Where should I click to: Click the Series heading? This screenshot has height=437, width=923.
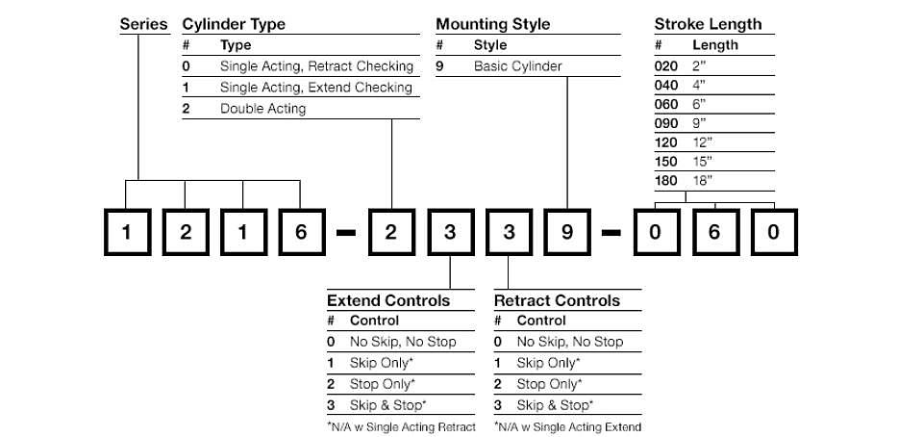tap(143, 24)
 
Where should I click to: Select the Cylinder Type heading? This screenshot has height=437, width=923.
tap(234, 25)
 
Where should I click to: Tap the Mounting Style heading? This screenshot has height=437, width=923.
tap(492, 25)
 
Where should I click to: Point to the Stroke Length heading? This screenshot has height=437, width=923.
tap(709, 25)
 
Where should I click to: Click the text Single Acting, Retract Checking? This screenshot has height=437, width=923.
tap(316, 66)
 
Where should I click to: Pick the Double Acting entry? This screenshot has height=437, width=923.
tap(263, 109)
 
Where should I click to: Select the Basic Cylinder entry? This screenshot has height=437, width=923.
tap(518, 66)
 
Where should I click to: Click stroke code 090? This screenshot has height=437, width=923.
tap(666, 123)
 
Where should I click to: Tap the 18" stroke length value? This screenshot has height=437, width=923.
tap(702, 180)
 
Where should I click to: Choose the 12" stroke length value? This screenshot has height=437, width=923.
tap(702, 141)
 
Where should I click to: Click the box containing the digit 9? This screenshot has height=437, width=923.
tap(567, 232)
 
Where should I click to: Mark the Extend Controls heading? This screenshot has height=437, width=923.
tap(388, 301)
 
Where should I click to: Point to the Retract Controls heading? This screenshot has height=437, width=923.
tap(557, 301)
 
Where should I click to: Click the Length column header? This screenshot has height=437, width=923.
tap(715, 45)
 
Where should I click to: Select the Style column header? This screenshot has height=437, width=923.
tap(490, 45)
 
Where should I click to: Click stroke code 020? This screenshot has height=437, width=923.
tap(666, 66)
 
